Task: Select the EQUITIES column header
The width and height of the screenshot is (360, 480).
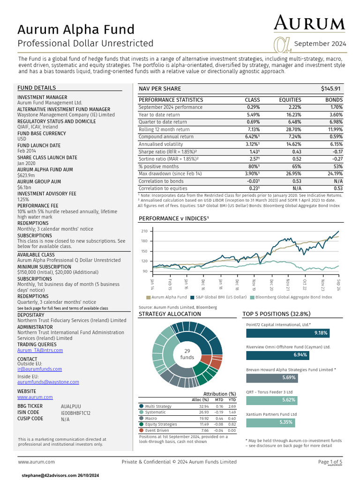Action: (290, 100)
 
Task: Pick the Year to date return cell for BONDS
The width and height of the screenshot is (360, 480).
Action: (336, 114)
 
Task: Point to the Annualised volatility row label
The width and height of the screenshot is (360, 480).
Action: (161, 144)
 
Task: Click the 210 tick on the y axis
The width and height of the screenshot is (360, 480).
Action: (144, 231)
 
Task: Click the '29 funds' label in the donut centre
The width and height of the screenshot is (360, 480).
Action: (187, 354)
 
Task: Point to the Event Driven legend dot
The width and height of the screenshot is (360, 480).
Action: (142, 430)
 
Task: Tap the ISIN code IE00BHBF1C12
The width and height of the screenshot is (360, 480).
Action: (75, 413)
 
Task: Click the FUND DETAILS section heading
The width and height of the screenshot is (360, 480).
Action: (37, 88)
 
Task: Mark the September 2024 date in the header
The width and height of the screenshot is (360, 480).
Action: (320, 44)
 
